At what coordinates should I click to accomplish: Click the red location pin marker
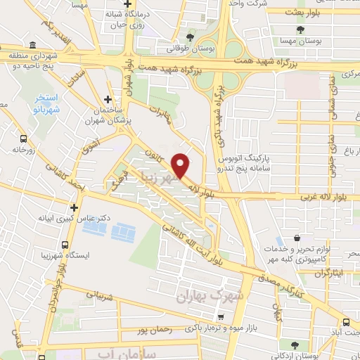pos(181,165)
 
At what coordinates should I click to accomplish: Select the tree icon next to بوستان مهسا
pos(300,30)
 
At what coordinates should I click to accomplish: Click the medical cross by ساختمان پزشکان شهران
pos(108,100)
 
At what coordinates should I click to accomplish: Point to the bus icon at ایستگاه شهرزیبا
pos(65,245)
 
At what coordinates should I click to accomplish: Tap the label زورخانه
pos(23,150)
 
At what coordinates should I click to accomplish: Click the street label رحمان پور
pos(155,329)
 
